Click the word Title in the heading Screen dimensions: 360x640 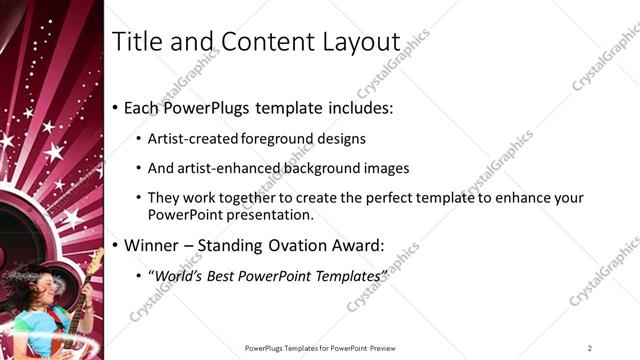click(136, 42)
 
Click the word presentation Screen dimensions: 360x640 click(271, 214)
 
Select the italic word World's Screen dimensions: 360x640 click(178, 275)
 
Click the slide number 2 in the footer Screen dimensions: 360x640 click(590, 348)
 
